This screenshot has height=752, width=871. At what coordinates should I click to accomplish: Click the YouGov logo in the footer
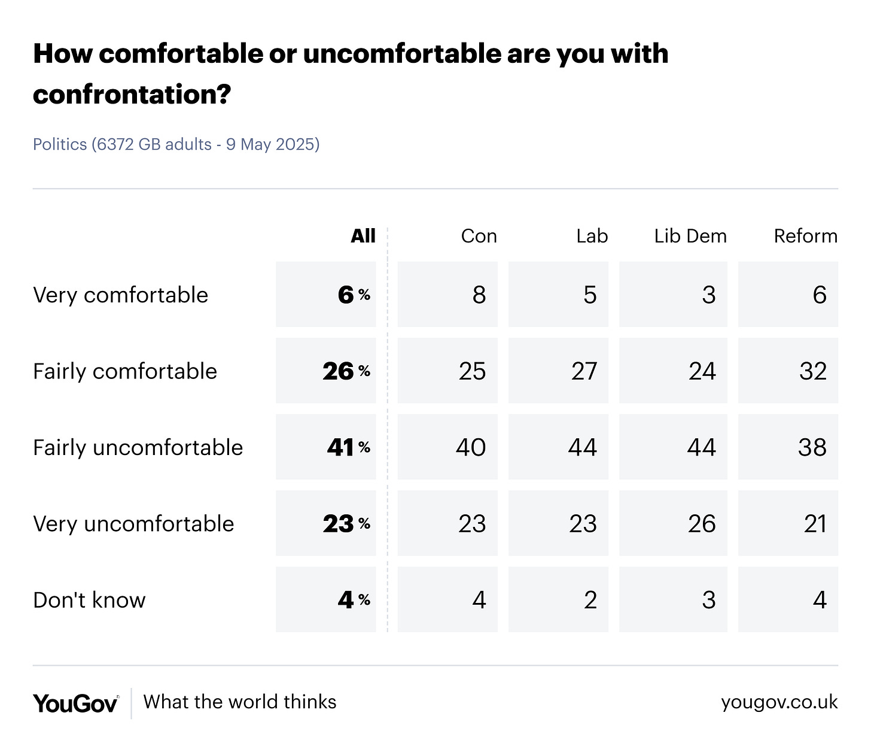pyautogui.click(x=75, y=703)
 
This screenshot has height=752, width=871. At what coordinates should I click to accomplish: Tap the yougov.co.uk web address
pyautogui.click(x=779, y=702)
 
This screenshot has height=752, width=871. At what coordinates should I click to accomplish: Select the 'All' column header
pyautogui.click(x=363, y=236)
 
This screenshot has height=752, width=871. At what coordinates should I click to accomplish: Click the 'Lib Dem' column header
pyautogui.click(x=690, y=236)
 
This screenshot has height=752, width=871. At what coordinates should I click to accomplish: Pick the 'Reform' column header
pyautogui.click(x=805, y=236)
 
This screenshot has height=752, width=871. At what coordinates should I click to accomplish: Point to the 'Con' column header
pyautogui.click(x=479, y=236)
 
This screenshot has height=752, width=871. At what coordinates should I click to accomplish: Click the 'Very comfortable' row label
pyautogui.click(x=120, y=295)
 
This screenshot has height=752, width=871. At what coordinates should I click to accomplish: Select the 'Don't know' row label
pyautogui.click(x=89, y=600)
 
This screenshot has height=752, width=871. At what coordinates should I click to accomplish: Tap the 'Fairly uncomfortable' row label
pyautogui.click(x=138, y=447)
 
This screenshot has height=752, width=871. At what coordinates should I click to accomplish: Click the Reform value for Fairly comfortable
pyautogui.click(x=788, y=371)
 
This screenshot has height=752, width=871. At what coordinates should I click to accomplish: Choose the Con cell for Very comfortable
pyautogui.click(x=448, y=295)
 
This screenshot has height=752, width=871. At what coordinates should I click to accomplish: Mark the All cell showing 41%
pyautogui.click(x=326, y=447)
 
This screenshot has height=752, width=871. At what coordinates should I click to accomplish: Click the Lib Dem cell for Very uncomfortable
pyautogui.click(x=673, y=523)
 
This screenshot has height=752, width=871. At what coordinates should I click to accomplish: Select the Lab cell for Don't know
pyautogui.click(x=558, y=599)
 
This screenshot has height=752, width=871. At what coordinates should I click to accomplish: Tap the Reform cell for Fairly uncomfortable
pyautogui.click(x=788, y=447)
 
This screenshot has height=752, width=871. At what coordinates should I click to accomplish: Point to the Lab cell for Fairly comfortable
pyautogui.click(x=558, y=371)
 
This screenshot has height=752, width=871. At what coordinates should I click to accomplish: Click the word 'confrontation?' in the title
pyautogui.click(x=132, y=95)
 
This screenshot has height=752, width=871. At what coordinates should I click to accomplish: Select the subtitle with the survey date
pyautogui.click(x=176, y=144)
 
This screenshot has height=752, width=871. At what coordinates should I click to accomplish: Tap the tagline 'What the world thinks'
pyautogui.click(x=240, y=702)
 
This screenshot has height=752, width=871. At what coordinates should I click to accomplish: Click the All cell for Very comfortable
pyautogui.click(x=326, y=295)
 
